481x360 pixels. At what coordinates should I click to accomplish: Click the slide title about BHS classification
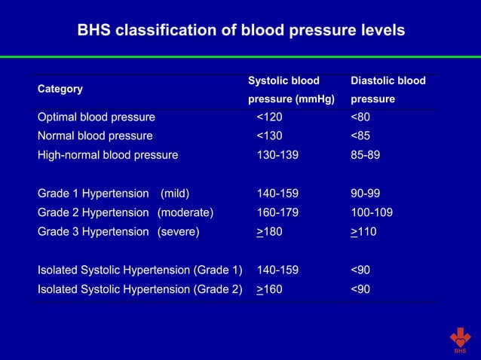241,31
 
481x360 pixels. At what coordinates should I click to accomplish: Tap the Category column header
60,89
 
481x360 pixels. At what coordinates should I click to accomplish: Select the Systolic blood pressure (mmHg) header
291,90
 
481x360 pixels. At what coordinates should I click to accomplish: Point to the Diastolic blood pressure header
388,90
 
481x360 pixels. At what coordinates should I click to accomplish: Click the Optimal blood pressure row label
97,117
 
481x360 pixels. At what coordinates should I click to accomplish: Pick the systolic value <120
270,117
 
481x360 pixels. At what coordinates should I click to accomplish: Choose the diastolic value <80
360,117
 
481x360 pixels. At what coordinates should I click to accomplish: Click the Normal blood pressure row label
95,136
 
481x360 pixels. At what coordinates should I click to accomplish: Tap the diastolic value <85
360,136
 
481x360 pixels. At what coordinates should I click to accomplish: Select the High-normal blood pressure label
108,155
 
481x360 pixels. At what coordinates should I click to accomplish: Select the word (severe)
178,232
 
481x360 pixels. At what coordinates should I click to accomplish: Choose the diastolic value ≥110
363,232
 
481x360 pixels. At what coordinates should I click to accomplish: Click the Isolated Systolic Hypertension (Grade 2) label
140,289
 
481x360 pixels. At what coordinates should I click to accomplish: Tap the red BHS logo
460,340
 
